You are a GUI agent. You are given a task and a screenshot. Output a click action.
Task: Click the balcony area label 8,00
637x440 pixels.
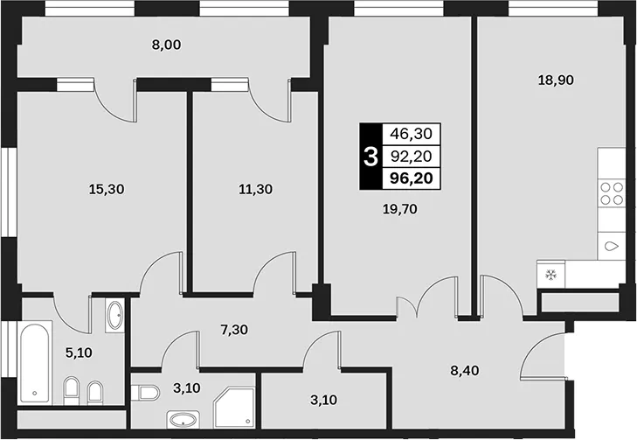click(x=167, y=45)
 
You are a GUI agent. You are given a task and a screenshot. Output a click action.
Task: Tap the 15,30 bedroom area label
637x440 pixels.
click(x=107, y=189)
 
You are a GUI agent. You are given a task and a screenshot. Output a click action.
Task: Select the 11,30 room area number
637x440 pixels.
click(x=255, y=189)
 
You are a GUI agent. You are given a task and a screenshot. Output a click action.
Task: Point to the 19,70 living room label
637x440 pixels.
click(x=400, y=209)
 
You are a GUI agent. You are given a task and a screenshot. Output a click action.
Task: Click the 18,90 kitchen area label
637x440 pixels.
click(x=556, y=80)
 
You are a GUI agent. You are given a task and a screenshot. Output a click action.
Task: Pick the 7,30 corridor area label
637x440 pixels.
click(x=234, y=330)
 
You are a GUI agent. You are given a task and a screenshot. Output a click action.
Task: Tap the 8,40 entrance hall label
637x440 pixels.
click(x=465, y=371)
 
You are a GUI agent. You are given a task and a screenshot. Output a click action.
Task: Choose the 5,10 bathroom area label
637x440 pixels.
click(x=79, y=353)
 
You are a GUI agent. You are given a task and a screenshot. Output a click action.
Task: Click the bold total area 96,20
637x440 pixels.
click(x=412, y=178)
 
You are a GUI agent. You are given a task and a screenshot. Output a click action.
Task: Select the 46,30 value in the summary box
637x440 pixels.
click(x=412, y=133)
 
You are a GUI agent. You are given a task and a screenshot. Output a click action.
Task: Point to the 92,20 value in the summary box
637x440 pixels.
click(x=412, y=156)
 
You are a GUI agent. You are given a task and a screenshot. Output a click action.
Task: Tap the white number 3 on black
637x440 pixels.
click(x=370, y=157)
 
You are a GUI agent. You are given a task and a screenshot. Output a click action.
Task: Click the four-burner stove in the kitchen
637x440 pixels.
click(x=612, y=193)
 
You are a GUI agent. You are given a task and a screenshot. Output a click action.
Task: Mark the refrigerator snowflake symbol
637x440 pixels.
click(x=550, y=275)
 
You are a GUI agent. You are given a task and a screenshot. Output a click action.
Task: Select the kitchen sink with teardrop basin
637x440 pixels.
click(x=612, y=247)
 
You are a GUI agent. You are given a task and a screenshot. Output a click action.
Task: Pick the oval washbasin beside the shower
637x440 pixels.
click(x=183, y=419)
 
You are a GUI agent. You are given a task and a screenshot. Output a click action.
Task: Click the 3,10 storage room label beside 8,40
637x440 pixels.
click(x=323, y=400)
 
